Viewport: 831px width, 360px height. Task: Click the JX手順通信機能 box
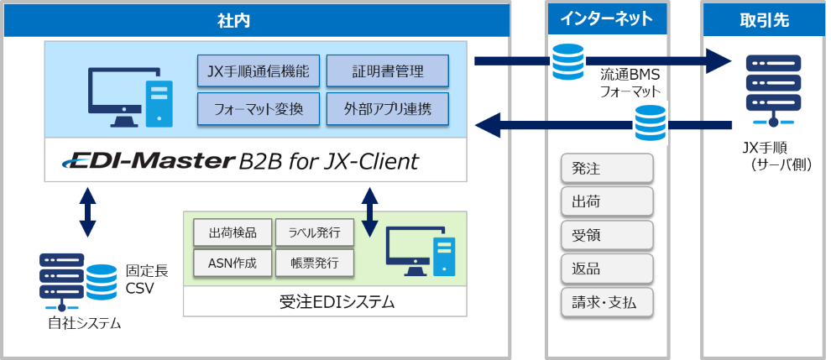[x=259, y=71]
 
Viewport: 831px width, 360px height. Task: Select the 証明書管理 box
[x=387, y=71]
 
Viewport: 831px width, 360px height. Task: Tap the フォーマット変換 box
[x=259, y=109]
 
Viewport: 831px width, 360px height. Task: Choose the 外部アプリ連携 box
[x=387, y=109]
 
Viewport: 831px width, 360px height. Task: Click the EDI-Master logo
[x=149, y=160]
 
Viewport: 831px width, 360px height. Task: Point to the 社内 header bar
[x=256, y=20]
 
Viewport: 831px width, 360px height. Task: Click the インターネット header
[x=607, y=20]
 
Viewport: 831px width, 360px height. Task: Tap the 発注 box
[x=607, y=169]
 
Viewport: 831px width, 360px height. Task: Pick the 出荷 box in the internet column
[x=607, y=202]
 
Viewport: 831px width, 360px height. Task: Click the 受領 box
[x=607, y=236]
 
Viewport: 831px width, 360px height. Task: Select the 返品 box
[x=607, y=269]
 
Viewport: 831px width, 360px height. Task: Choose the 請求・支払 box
[x=607, y=302]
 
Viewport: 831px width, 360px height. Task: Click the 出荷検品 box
[x=232, y=232]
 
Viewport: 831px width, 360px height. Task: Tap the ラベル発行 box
[x=313, y=232]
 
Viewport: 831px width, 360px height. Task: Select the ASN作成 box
[x=232, y=263]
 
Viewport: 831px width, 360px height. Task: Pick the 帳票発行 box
[x=313, y=263]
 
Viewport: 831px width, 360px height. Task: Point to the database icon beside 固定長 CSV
[x=102, y=281]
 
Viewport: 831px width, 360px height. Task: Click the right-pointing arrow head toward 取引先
[x=719, y=60]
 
